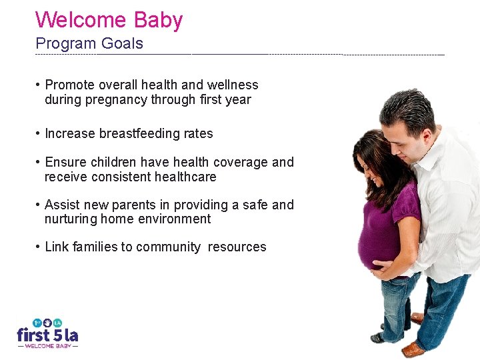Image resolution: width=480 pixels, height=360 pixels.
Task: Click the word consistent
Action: (115, 177)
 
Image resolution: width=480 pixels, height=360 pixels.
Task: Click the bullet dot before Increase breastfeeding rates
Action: (39, 133)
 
